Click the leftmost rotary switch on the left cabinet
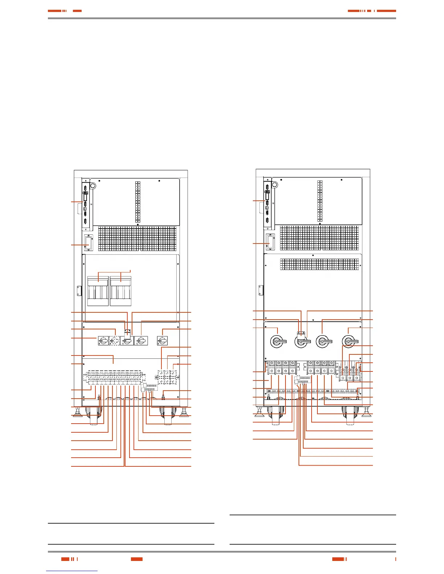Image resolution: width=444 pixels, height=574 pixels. coord(103,341)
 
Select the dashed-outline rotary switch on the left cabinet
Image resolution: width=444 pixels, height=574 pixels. coord(115,341)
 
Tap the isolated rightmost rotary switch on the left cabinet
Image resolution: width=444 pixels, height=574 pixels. coord(162,341)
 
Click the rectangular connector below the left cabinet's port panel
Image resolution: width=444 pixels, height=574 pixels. coord(87,243)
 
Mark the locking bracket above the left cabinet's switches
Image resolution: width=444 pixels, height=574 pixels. coord(127,331)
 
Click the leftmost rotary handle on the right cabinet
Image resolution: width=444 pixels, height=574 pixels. coord(278,341)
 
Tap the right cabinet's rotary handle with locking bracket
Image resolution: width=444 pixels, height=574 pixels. coord(301,341)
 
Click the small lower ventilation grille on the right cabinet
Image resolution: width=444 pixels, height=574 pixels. coord(320,264)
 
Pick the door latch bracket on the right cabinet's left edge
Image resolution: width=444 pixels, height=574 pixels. coord(260,290)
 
